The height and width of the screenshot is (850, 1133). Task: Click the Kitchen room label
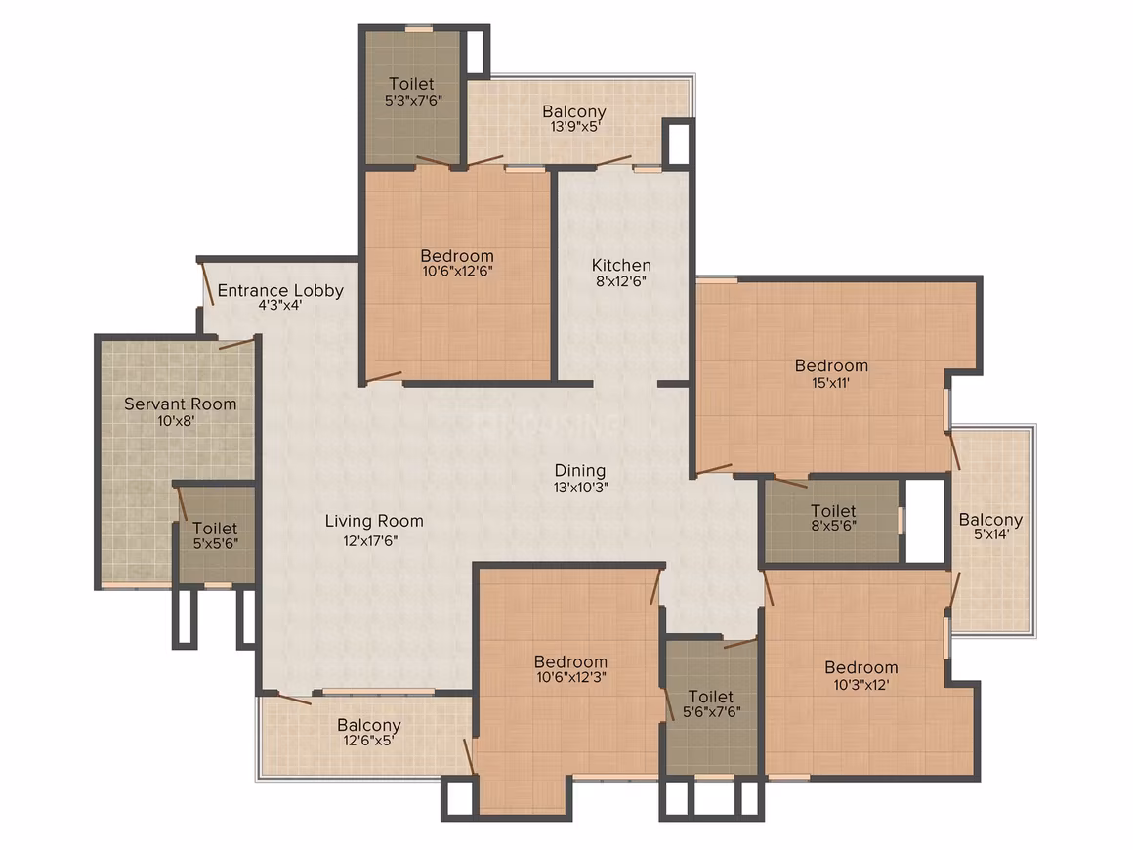pyautogui.click(x=621, y=266)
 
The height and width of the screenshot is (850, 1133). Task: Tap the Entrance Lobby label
pyautogui.click(x=280, y=290)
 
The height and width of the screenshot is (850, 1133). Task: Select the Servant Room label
pyautogui.click(x=180, y=404)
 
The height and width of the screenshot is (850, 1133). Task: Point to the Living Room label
pyautogui.click(x=373, y=521)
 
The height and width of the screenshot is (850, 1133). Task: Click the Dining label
pyautogui.click(x=580, y=471)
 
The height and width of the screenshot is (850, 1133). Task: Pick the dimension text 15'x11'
pyautogui.click(x=831, y=382)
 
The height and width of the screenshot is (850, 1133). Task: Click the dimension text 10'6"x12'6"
pyautogui.click(x=457, y=271)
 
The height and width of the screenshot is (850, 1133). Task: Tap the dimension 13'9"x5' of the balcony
pyautogui.click(x=575, y=126)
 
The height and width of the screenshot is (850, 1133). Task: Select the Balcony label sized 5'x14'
pyautogui.click(x=990, y=520)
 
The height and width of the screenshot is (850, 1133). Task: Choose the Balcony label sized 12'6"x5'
pyautogui.click(x=368, y=725)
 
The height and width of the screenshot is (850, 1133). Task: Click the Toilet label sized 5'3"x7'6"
pyautogui.click(x=411, y=84)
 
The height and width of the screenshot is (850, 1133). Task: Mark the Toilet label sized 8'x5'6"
pyautogui.click(x=833, y=510)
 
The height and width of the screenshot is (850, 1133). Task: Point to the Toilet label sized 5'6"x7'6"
pyautogui.click(x=711, y=696)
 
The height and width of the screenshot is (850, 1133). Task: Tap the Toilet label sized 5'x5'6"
pyautogui.click(x=215, y=529)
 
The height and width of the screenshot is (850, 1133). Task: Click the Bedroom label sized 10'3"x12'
pyautogui.click(x=861, y=668)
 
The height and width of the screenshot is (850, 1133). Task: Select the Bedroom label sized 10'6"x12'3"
pyautogui.click(x=570, y=661)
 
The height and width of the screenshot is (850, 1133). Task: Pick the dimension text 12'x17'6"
pyautogui.click(x=371, y=540)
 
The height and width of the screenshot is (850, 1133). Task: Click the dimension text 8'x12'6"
pyautogui.click(x=620, y=281)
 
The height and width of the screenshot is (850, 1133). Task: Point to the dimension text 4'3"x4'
pyautogui.click(x=279, y=305)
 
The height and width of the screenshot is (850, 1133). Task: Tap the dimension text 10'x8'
pyautogui.click(x=177, y=421)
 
